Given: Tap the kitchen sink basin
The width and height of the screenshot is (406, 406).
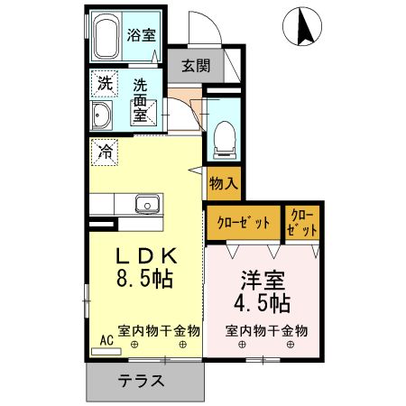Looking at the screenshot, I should [147, 204].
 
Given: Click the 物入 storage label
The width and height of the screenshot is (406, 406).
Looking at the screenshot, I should [223, 184].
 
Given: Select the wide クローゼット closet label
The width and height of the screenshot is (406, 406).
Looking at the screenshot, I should [244, 222].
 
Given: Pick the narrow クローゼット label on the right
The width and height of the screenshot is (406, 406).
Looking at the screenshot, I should [300, 222].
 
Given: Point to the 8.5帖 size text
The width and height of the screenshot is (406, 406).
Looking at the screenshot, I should [144, 281].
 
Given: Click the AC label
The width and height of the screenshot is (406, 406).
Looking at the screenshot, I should [106, 339].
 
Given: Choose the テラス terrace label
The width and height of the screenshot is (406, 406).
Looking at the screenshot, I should [141, 380].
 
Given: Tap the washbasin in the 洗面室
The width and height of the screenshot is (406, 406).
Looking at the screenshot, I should [101, 116].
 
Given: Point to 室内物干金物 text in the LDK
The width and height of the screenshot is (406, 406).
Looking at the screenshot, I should [159, 330].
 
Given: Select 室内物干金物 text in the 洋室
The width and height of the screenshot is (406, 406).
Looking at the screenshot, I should [266, 330].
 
